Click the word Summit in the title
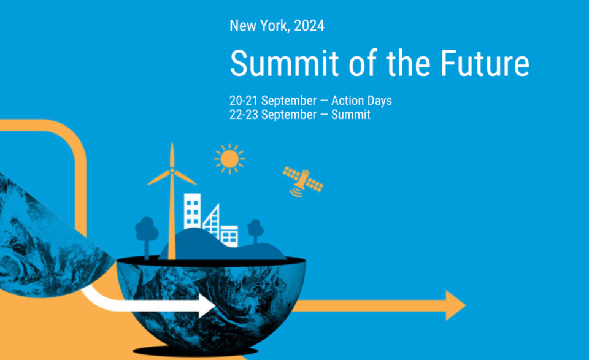point(284,63)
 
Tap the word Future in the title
point(485,63)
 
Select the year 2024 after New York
point(309,26)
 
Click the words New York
point(260,26)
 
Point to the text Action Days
point(361,101)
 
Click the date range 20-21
point(244,101)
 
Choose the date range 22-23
point(244,115)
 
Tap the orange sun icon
point(229,159)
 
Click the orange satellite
point(302,182)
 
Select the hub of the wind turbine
point(172,170)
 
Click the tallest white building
point(192,211)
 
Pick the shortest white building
point(229,236)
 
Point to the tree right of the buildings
point(255,231)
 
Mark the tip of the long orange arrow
point(466,305)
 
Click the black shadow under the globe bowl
point(195,351)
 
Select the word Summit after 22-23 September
point(350,115)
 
